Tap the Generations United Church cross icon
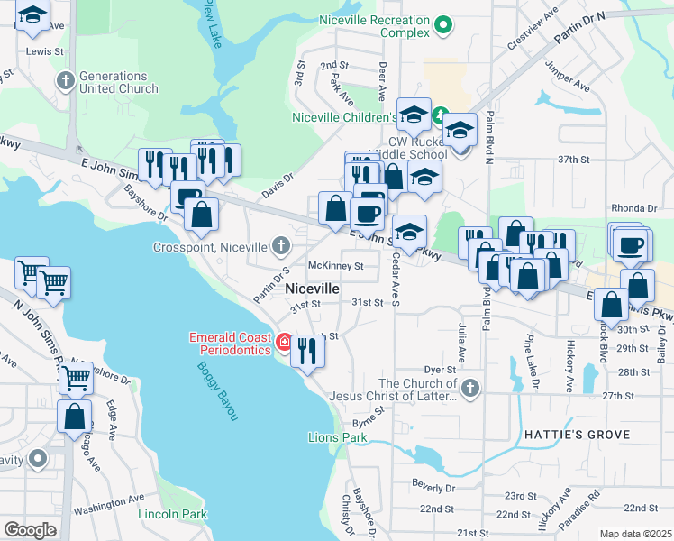(x=65, y=82)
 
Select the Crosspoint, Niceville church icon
(x=281, y=246)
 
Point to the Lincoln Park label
(x=172, y=514)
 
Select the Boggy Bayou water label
(x=216, y=391)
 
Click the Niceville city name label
(x=312, y=289)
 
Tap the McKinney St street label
(x=335, y=266)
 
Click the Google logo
(x=30, y=530)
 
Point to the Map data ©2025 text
(x=634, y=534)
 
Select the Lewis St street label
(x=45, y=52)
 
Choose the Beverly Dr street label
(x=433, y=487)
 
